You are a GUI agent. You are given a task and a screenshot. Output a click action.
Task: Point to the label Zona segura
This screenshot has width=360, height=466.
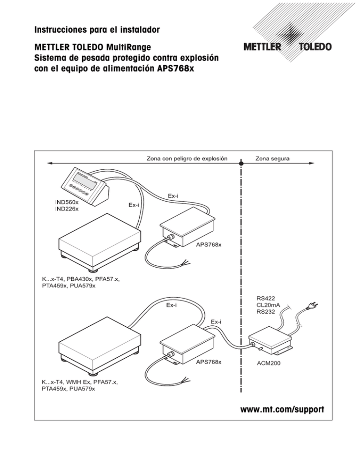click(272, 158)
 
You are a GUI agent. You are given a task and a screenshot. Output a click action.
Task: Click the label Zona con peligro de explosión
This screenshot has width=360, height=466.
click(187, 158)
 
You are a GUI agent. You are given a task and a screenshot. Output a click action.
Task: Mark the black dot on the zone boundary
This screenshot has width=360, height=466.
click(241, 163)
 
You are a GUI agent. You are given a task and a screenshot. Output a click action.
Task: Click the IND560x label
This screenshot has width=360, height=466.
click(67, 202)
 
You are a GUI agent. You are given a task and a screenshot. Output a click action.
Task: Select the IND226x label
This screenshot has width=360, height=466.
click(67, 209)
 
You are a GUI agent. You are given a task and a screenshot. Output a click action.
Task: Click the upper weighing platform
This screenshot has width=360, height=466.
click(97, 240)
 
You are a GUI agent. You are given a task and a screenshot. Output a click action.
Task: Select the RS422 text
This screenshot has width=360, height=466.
click(266, 297)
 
